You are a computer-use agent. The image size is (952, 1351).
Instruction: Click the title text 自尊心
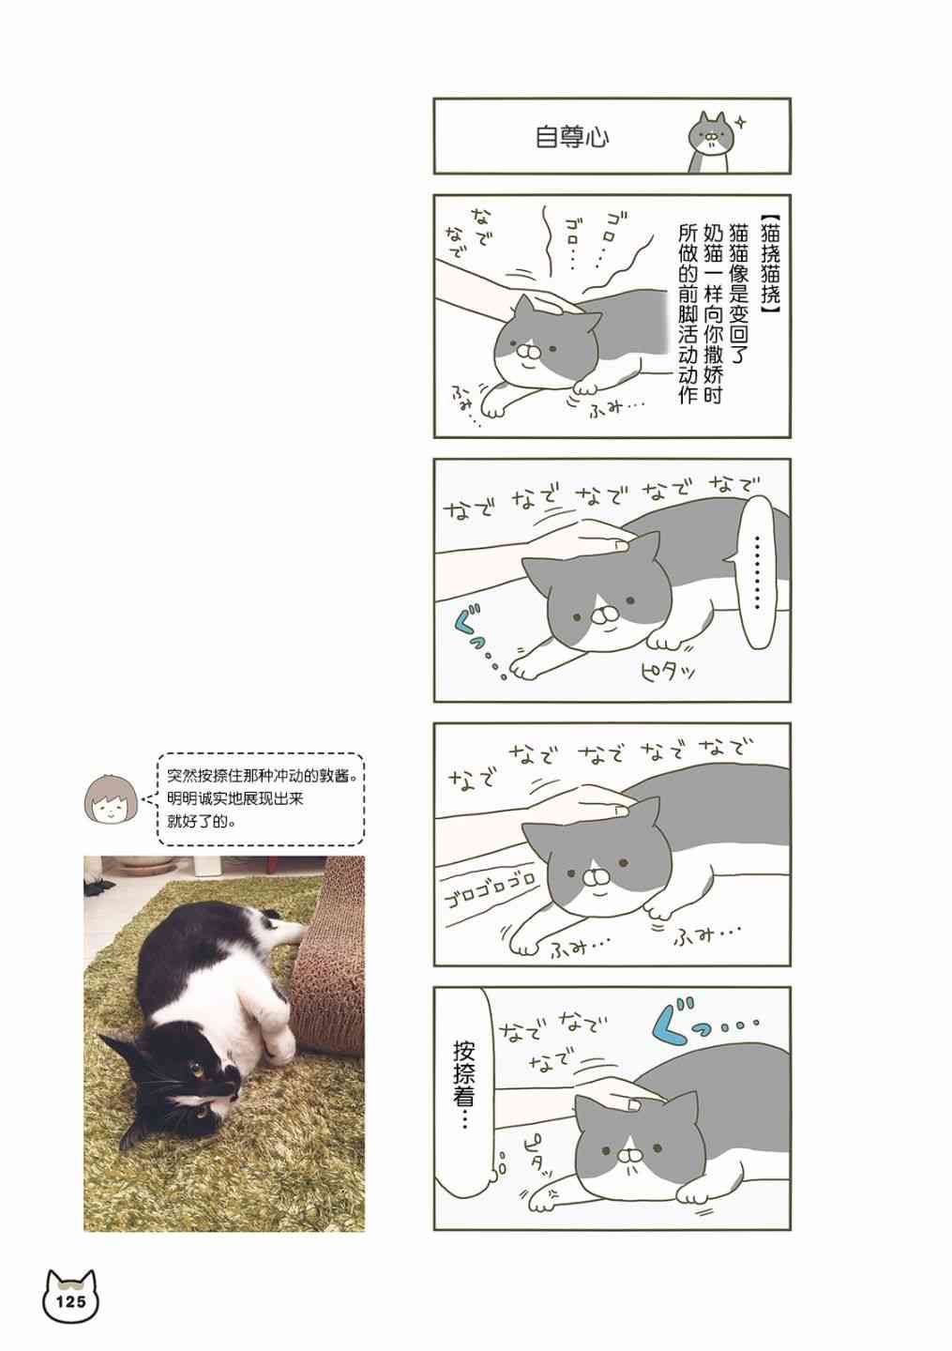[572, 138]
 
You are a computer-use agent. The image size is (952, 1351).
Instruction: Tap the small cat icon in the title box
[708, 143]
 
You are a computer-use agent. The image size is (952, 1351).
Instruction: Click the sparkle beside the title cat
[741, 124]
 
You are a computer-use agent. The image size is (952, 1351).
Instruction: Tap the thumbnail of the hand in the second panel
[620, 544]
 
